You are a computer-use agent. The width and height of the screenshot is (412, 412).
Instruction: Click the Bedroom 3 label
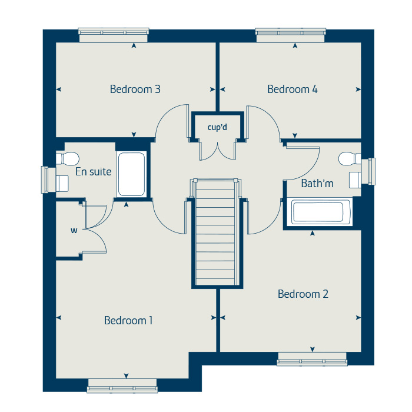[x=135, y=89]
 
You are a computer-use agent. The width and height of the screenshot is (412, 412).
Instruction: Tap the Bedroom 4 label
[x=293, y=89]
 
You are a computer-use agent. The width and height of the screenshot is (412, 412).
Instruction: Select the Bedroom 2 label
[x=303, y=294]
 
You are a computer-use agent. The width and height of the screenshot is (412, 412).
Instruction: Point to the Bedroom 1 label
[x=128, y=321]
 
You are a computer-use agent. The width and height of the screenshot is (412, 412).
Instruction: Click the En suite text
[x=93, y=172]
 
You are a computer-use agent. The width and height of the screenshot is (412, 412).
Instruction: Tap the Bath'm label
[x=317, y=184]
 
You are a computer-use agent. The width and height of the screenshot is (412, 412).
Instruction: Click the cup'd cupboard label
[x=217, y=127]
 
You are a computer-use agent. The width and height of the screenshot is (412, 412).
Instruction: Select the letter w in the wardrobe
[x=74, y=230]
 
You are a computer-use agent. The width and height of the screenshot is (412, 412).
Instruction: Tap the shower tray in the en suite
[x=131, y=175]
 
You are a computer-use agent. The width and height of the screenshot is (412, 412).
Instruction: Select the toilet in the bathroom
[x=351, y=158]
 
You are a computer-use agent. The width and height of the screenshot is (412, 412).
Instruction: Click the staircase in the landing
[x=217, y=232]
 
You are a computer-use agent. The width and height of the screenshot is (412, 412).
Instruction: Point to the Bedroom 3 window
[x=114, y=34]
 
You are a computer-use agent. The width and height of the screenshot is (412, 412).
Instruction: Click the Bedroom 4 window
[x=291, y=34]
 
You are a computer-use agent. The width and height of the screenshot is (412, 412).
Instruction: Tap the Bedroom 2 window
[x=312, y=360]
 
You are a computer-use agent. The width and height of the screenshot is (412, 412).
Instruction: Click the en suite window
[x=45, y=180]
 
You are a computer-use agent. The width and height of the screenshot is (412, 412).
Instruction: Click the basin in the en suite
[x=62, y=183]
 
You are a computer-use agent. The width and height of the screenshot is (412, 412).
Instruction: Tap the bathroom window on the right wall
[x=371, y=171]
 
